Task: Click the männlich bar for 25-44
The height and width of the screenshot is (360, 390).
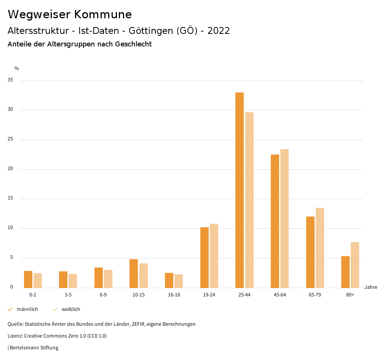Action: point(240,190)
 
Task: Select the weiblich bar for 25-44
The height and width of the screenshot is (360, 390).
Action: point(249,200)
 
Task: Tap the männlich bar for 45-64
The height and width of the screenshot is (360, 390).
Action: point(275,221)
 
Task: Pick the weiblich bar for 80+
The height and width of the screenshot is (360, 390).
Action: point(355,265)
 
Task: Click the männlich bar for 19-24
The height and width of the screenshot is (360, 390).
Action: point(205,258)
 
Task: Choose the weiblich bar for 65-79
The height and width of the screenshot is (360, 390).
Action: point(320,248)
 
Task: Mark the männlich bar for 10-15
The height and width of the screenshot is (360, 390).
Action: point(134,274)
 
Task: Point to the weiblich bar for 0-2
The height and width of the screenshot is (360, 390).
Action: point(38,280)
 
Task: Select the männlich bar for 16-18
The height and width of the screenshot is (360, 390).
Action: point(169,280)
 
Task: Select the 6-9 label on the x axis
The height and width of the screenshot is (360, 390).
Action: point(103,295)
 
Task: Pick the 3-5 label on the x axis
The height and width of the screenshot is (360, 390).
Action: point(68,295)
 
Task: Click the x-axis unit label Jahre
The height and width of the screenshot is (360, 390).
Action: point(371,287)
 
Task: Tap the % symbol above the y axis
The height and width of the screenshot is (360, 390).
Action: point(17,68)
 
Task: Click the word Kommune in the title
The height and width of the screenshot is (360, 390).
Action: point(103,14)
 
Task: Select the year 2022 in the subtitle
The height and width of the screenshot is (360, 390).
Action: point(219,31)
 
